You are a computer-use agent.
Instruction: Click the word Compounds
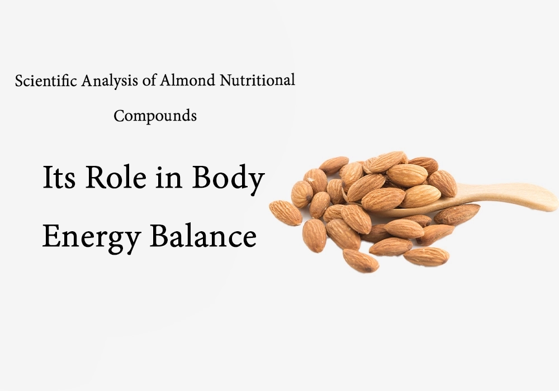tap(155, 116)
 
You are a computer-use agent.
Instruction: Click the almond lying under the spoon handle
tap(457, 213)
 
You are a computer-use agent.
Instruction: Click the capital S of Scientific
tap(19, 80)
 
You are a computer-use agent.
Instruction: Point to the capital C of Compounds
tap(119, 116)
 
